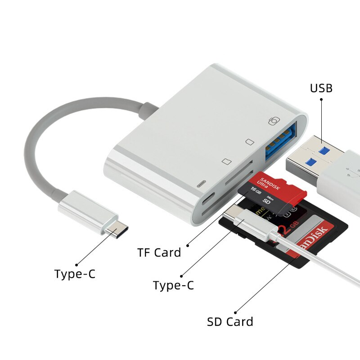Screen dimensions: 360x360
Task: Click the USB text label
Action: [321, 88]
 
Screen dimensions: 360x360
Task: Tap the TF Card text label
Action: [159, 253]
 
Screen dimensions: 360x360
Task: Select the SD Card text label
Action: [230, 322]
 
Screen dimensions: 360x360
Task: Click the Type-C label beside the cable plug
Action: [75, 274]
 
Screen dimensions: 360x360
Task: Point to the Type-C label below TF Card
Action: [173, 285]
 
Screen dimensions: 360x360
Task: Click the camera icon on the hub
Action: [274, 121]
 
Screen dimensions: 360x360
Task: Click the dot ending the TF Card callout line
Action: [187, 246]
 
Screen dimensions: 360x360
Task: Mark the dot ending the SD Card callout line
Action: [235, 312]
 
